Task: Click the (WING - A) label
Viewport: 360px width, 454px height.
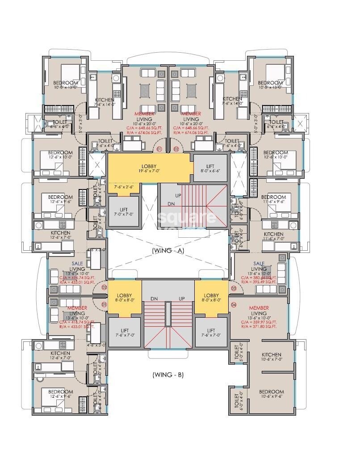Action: click(168, 251)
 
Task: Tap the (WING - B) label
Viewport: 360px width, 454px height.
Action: click(168, 375)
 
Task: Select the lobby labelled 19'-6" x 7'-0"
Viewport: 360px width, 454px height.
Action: click(148, 168)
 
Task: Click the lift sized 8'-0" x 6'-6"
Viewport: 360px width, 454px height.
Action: click(210, 168)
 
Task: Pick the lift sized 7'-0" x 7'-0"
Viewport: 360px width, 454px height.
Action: click(124, 212)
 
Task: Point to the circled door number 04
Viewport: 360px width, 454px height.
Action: click(234, 305)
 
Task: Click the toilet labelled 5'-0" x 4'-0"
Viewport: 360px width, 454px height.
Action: click(235, 352)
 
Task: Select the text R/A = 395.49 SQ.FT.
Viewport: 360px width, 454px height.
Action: click(259, 282)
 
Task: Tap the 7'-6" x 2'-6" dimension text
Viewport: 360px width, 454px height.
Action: click(118, 187)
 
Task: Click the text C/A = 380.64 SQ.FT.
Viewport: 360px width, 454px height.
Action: click(259, 277)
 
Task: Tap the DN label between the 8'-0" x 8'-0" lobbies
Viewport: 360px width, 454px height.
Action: click(154, 298)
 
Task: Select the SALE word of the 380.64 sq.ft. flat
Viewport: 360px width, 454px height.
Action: click(259, 264)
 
